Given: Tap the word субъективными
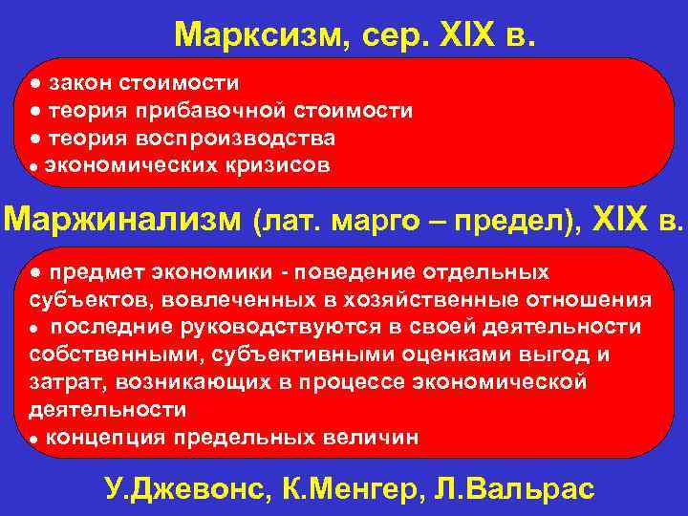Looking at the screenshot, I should pos(272,355).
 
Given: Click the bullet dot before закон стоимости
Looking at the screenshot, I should pos(33,83).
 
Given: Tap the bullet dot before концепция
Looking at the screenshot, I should pos(33,439).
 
